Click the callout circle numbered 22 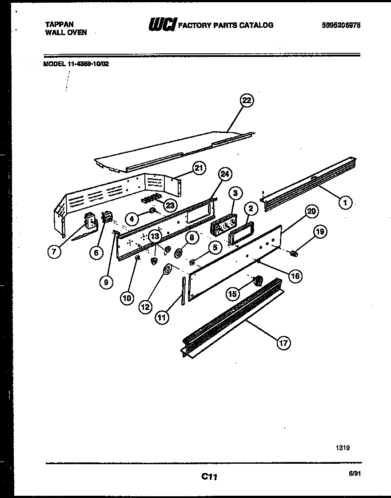pyautogui.click(x=247, y=101)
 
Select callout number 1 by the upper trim pyautogui.click(x=345, y=203)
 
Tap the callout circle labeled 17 pyautogui.click(x=284, y=342)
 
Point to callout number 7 pyautogui.click(x=53, y=252)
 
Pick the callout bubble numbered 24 pyautogui.click(x=225, y=174)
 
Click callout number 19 pyautogui.click(x=319, y=231)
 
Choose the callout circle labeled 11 pyautogui.click(x=162, y=317)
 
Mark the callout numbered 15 pyautogui.click(x=232, y=293)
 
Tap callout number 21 pyautogui.click(x=199, y=168)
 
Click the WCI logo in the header pyautogui.click(x=158, y=25)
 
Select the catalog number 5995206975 pyautogui.click(x=341, y=26)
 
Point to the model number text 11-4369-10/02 pyautogui.click(x=88, y=64)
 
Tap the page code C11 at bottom pyautogui.click(x=209, y=477)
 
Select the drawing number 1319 pyautogui.click(x=343, y=448)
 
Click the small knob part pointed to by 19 pyautogui.click(x=293, y=253)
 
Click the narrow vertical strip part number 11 pyautogui.click(x=182, y=290)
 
